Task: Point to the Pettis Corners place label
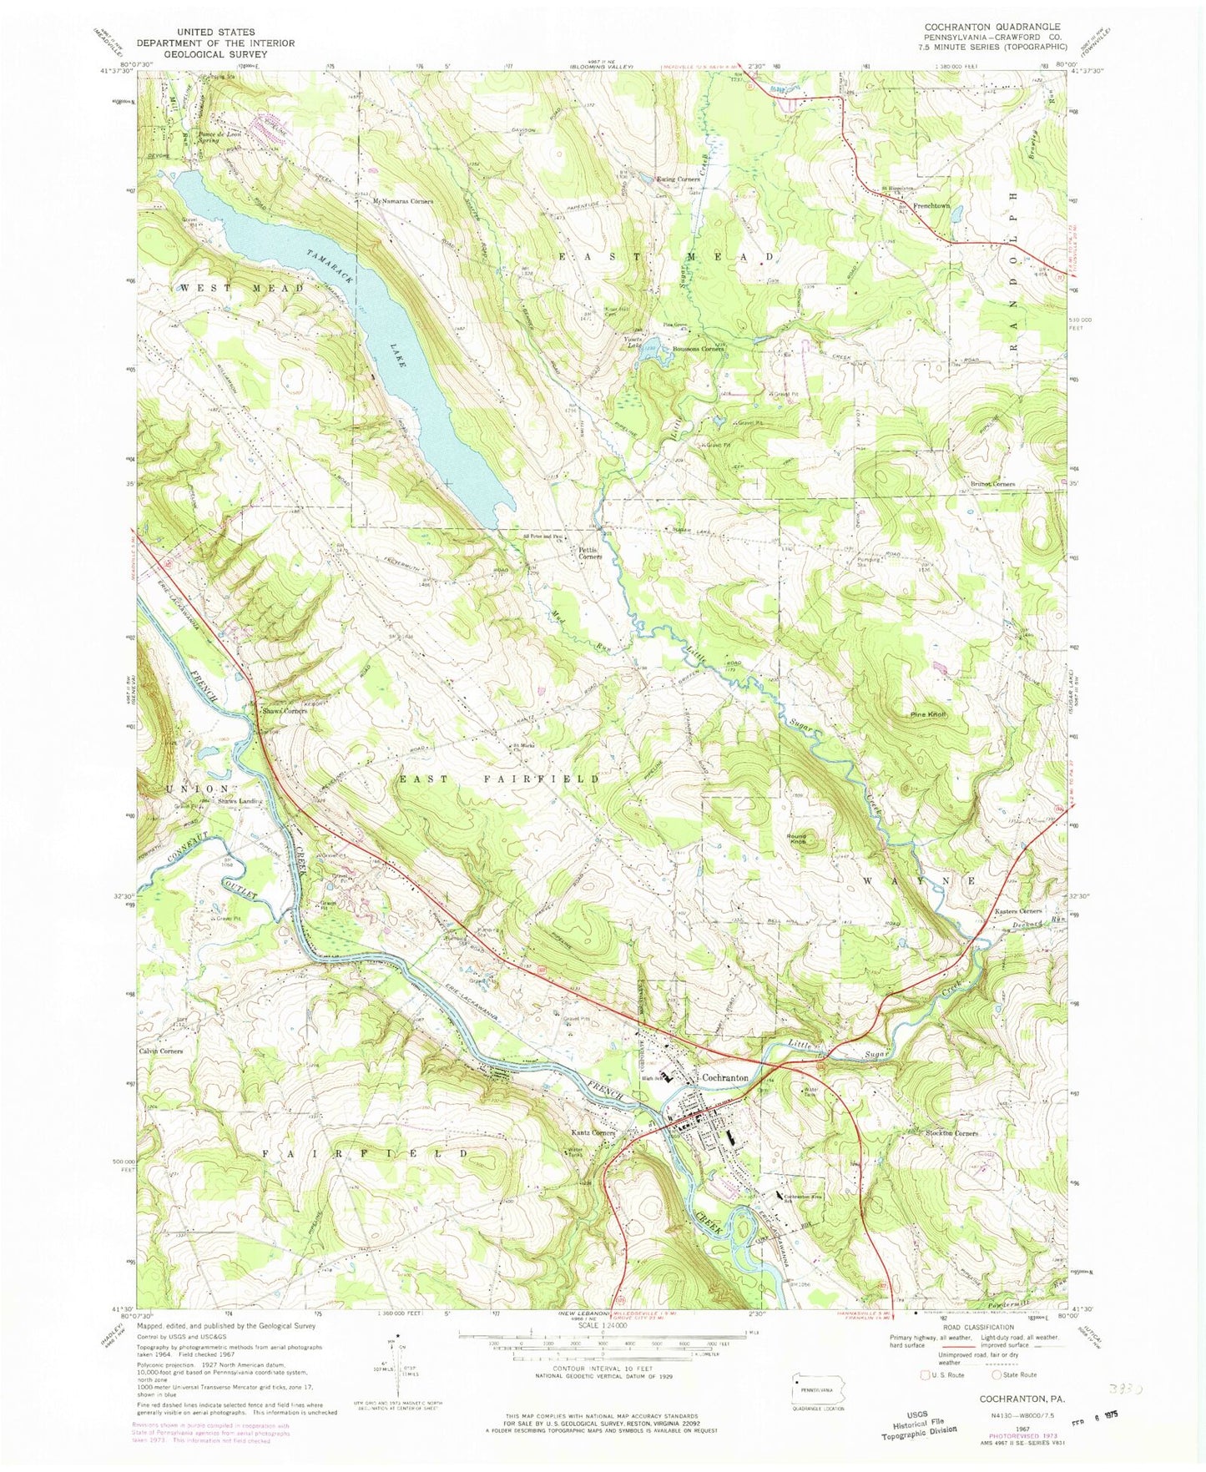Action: coord(587,552)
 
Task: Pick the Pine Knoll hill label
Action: coord(927,715)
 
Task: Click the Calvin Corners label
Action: coord(161,1051)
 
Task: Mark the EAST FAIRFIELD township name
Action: coord(498,778)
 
